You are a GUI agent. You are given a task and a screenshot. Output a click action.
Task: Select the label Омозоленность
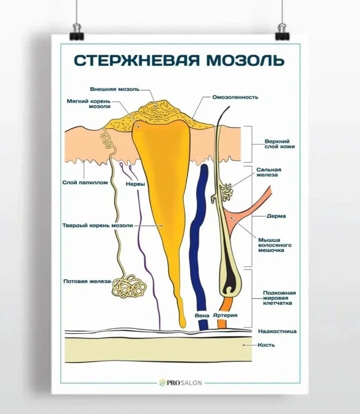(x=235, y=97)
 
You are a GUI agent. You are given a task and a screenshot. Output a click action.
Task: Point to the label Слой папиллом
(x=85, y=183)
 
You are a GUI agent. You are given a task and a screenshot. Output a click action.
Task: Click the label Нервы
(x=135, y=184)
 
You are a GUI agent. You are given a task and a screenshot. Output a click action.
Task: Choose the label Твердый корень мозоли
(x=97, y=225)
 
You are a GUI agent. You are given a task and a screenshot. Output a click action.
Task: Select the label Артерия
(x=225, y=315)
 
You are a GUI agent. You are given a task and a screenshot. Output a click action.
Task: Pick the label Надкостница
(x=277, y=331)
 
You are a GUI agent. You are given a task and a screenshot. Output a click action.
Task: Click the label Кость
(x=266, y=344)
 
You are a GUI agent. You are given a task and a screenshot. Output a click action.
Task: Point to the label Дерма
(x=276, y=216)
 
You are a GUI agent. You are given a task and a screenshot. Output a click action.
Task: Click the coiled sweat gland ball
(x=129, y=286)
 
